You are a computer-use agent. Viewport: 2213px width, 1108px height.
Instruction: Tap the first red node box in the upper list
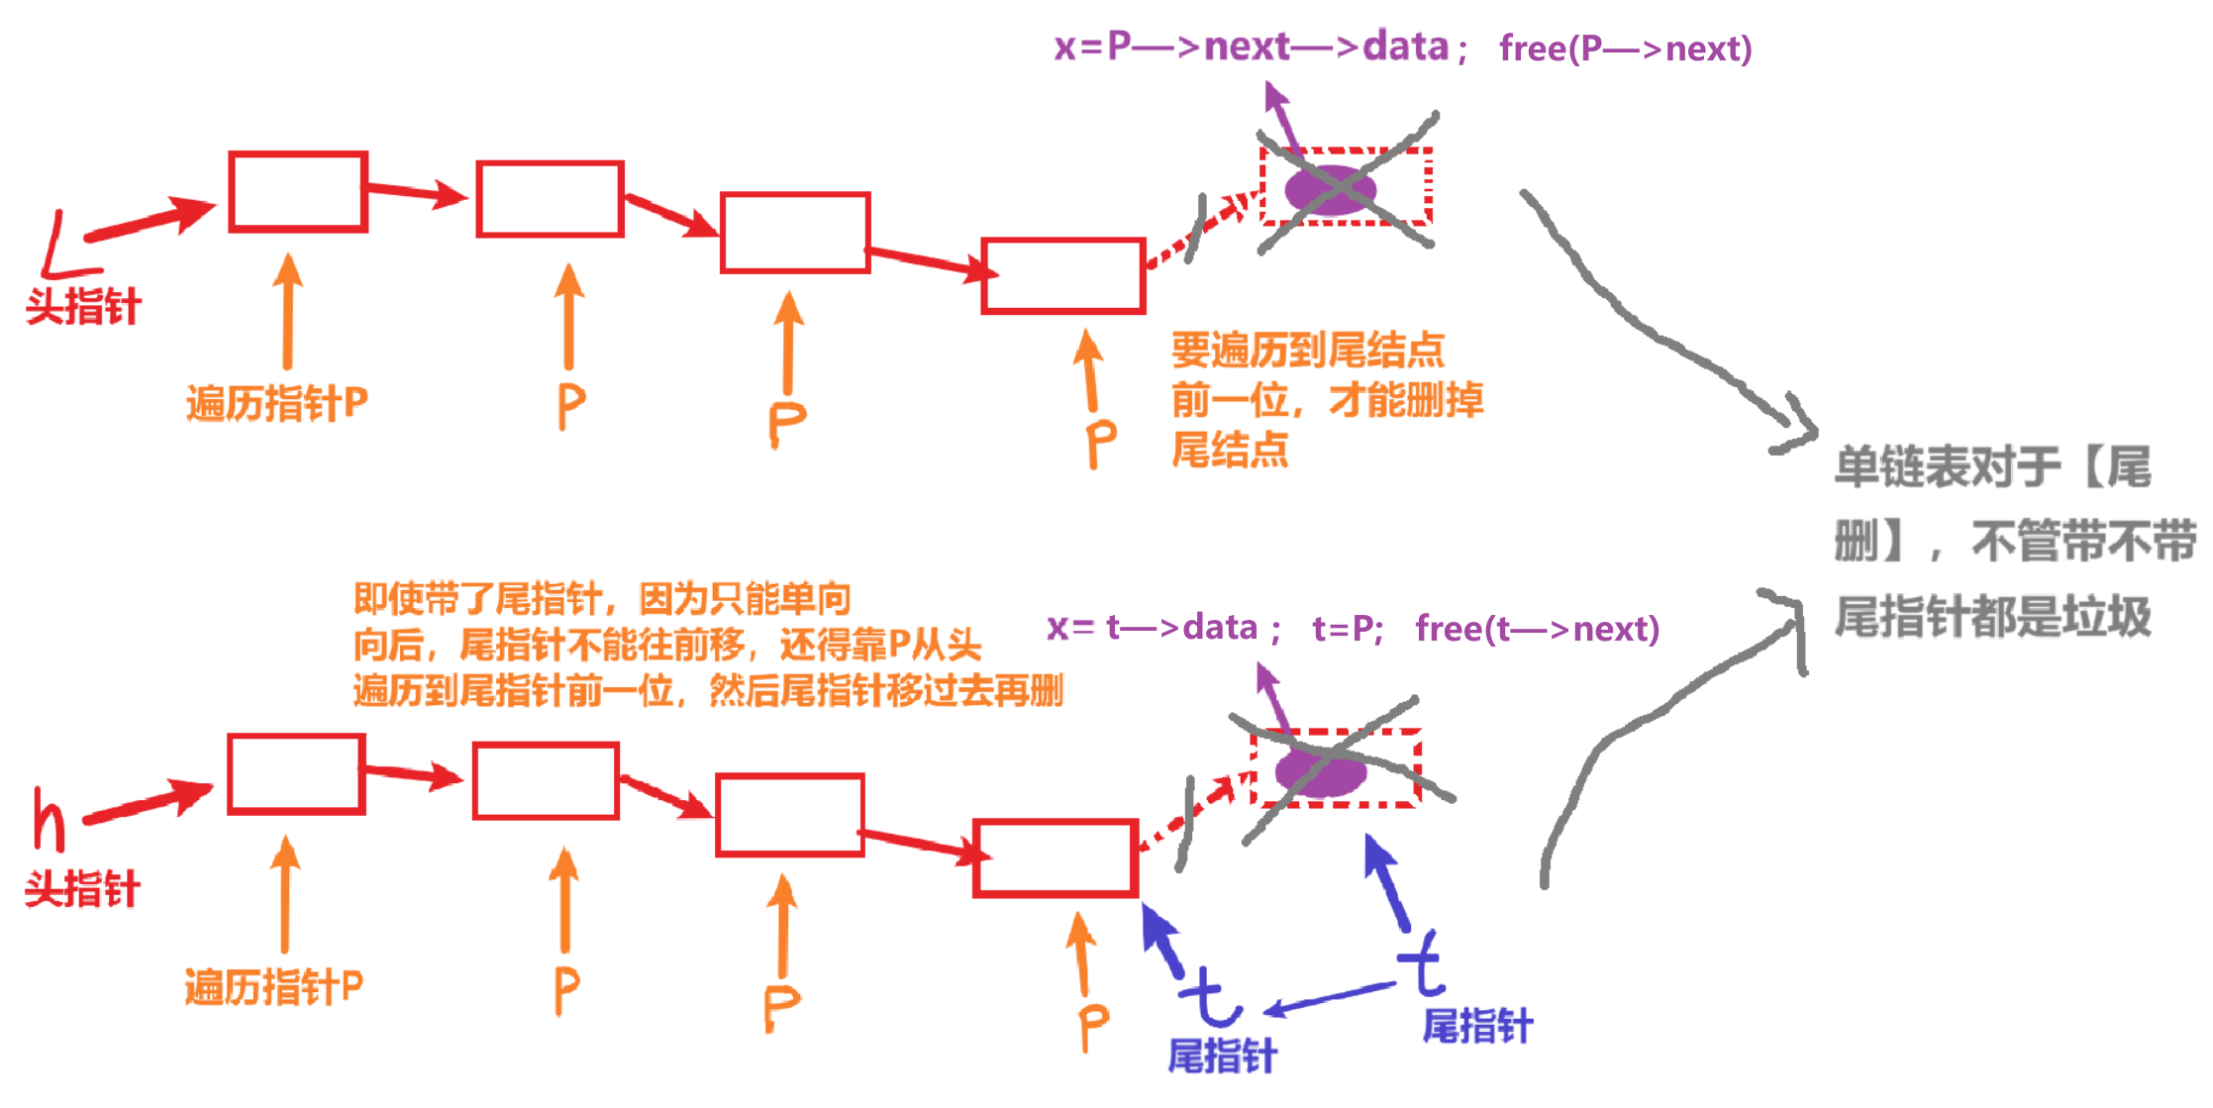(298, 192)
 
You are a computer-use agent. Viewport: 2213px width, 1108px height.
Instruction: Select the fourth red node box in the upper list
(1063, 276)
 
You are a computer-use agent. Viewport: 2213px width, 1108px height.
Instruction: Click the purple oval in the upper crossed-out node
(1330, 190)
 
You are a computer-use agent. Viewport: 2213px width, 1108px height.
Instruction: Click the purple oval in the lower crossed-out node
(1320, 771)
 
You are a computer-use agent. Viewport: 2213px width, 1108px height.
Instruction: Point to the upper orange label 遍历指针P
(276, 404)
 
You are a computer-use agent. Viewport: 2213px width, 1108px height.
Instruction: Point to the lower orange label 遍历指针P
(273, 987)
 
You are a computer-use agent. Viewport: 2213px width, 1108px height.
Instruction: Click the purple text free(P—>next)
(1625, 49)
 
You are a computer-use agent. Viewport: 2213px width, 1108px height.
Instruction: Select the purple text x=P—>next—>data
(1252, 47)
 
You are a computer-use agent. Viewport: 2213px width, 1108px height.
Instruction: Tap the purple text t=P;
(1347, 629)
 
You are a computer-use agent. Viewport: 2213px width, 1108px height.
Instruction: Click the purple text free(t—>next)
(1537, 629)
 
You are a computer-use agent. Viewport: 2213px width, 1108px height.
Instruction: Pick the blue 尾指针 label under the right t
(1477, 1027)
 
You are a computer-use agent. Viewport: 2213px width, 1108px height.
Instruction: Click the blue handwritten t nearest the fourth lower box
(1210, 996)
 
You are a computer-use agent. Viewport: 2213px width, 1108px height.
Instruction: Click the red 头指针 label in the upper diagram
(83, 307)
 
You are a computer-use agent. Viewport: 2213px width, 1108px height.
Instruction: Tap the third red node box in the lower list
(790, 815)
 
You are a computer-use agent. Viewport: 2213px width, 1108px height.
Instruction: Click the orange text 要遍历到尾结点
(1307, 351)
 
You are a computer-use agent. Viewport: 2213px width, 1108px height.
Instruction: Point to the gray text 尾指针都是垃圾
(1992, 617)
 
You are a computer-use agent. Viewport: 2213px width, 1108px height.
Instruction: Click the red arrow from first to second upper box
(416, 192)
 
